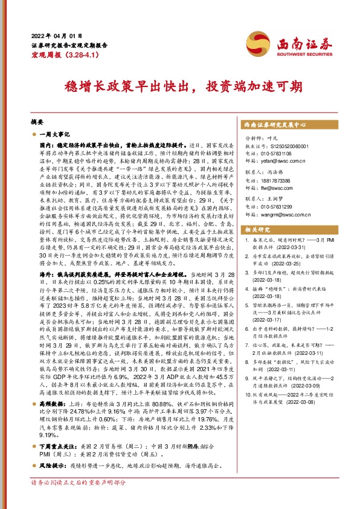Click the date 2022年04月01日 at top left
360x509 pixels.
click(x=56, y=34)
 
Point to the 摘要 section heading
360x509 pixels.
click(x=37, y=122)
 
